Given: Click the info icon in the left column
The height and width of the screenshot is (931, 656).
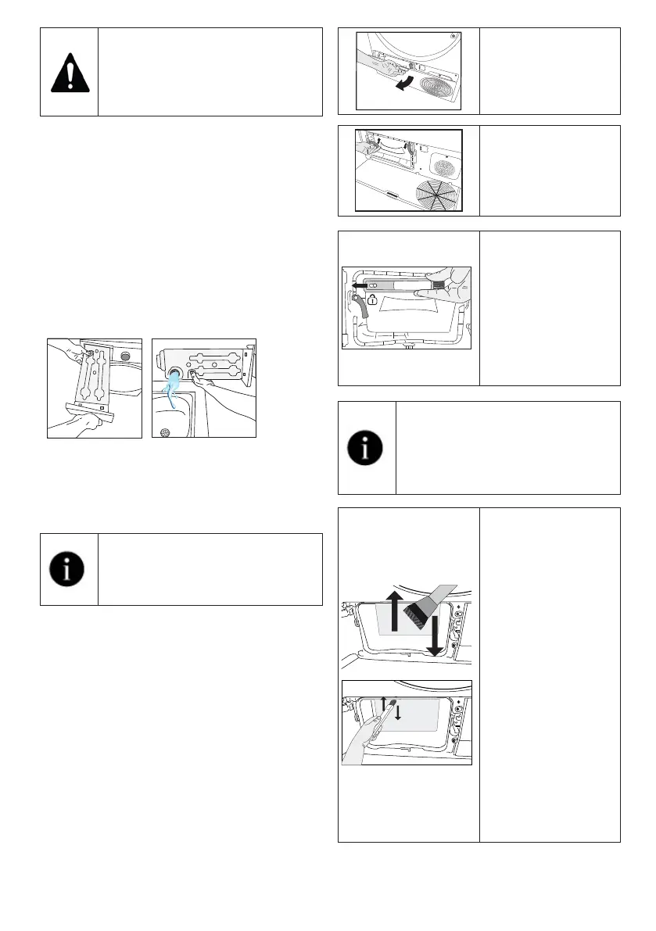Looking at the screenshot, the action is click(69, 570).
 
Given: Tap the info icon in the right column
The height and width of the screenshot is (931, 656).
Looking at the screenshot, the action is click(367, 448).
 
